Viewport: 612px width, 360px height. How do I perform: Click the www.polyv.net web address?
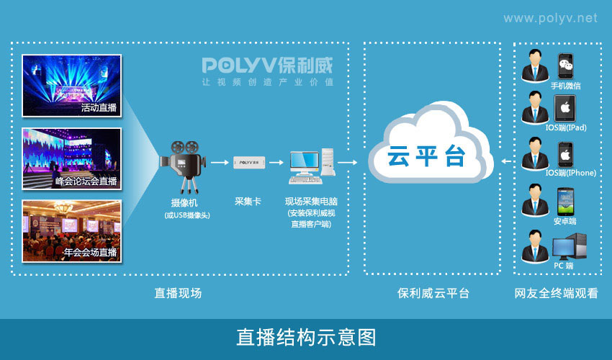pos(550,18)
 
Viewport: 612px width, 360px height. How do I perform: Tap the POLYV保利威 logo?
pos(267,66)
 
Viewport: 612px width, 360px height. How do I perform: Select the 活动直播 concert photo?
pos(71,86)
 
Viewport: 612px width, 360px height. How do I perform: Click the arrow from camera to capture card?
pos(219,163)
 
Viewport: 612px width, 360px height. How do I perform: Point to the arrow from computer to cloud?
pos(348,163)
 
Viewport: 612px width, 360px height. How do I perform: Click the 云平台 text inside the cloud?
pos(426,156)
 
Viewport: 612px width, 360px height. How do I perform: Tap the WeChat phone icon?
pos(567,66)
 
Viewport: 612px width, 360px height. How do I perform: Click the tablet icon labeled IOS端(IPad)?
pos(566,109)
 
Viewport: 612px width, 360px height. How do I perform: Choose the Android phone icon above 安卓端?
pos(566,200)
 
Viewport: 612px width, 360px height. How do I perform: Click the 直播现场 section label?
pos(178,293)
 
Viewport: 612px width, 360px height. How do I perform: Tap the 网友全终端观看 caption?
pos(556,293)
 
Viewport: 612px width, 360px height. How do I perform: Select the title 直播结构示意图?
pos(306,337)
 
